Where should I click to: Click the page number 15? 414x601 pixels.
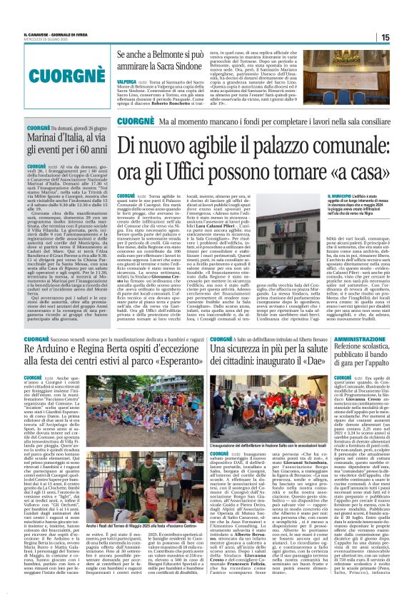(x=405, y=37)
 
